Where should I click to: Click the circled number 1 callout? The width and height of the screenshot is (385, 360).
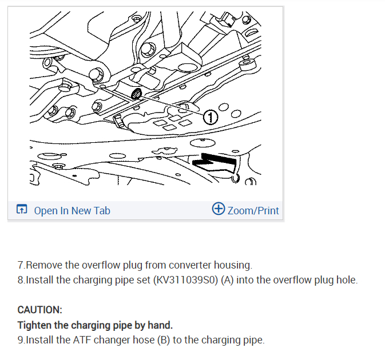click(211, 117)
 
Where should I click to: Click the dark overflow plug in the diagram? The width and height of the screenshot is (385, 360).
click(136, 94)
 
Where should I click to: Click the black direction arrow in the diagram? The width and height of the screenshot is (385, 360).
click(215, 162)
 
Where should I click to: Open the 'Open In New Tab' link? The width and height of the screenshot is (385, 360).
click(72, 211)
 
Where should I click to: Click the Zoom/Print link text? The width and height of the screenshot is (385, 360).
click(253, 211)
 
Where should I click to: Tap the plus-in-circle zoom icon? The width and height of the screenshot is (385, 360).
click(219, 209)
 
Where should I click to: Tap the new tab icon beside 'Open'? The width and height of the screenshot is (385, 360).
click(22, 209)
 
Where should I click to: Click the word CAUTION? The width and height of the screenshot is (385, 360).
click(40, 310)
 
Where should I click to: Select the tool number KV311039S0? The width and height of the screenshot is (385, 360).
click(185, 280)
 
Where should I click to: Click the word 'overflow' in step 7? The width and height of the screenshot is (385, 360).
click(101, 265)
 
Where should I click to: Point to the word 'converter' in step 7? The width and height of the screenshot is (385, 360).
click(190, 265)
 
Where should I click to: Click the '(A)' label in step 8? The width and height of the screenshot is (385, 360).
click(227, 280)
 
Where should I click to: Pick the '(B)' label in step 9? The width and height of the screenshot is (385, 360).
click(164, 340)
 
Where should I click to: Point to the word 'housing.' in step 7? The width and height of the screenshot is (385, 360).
click(233, 265)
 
